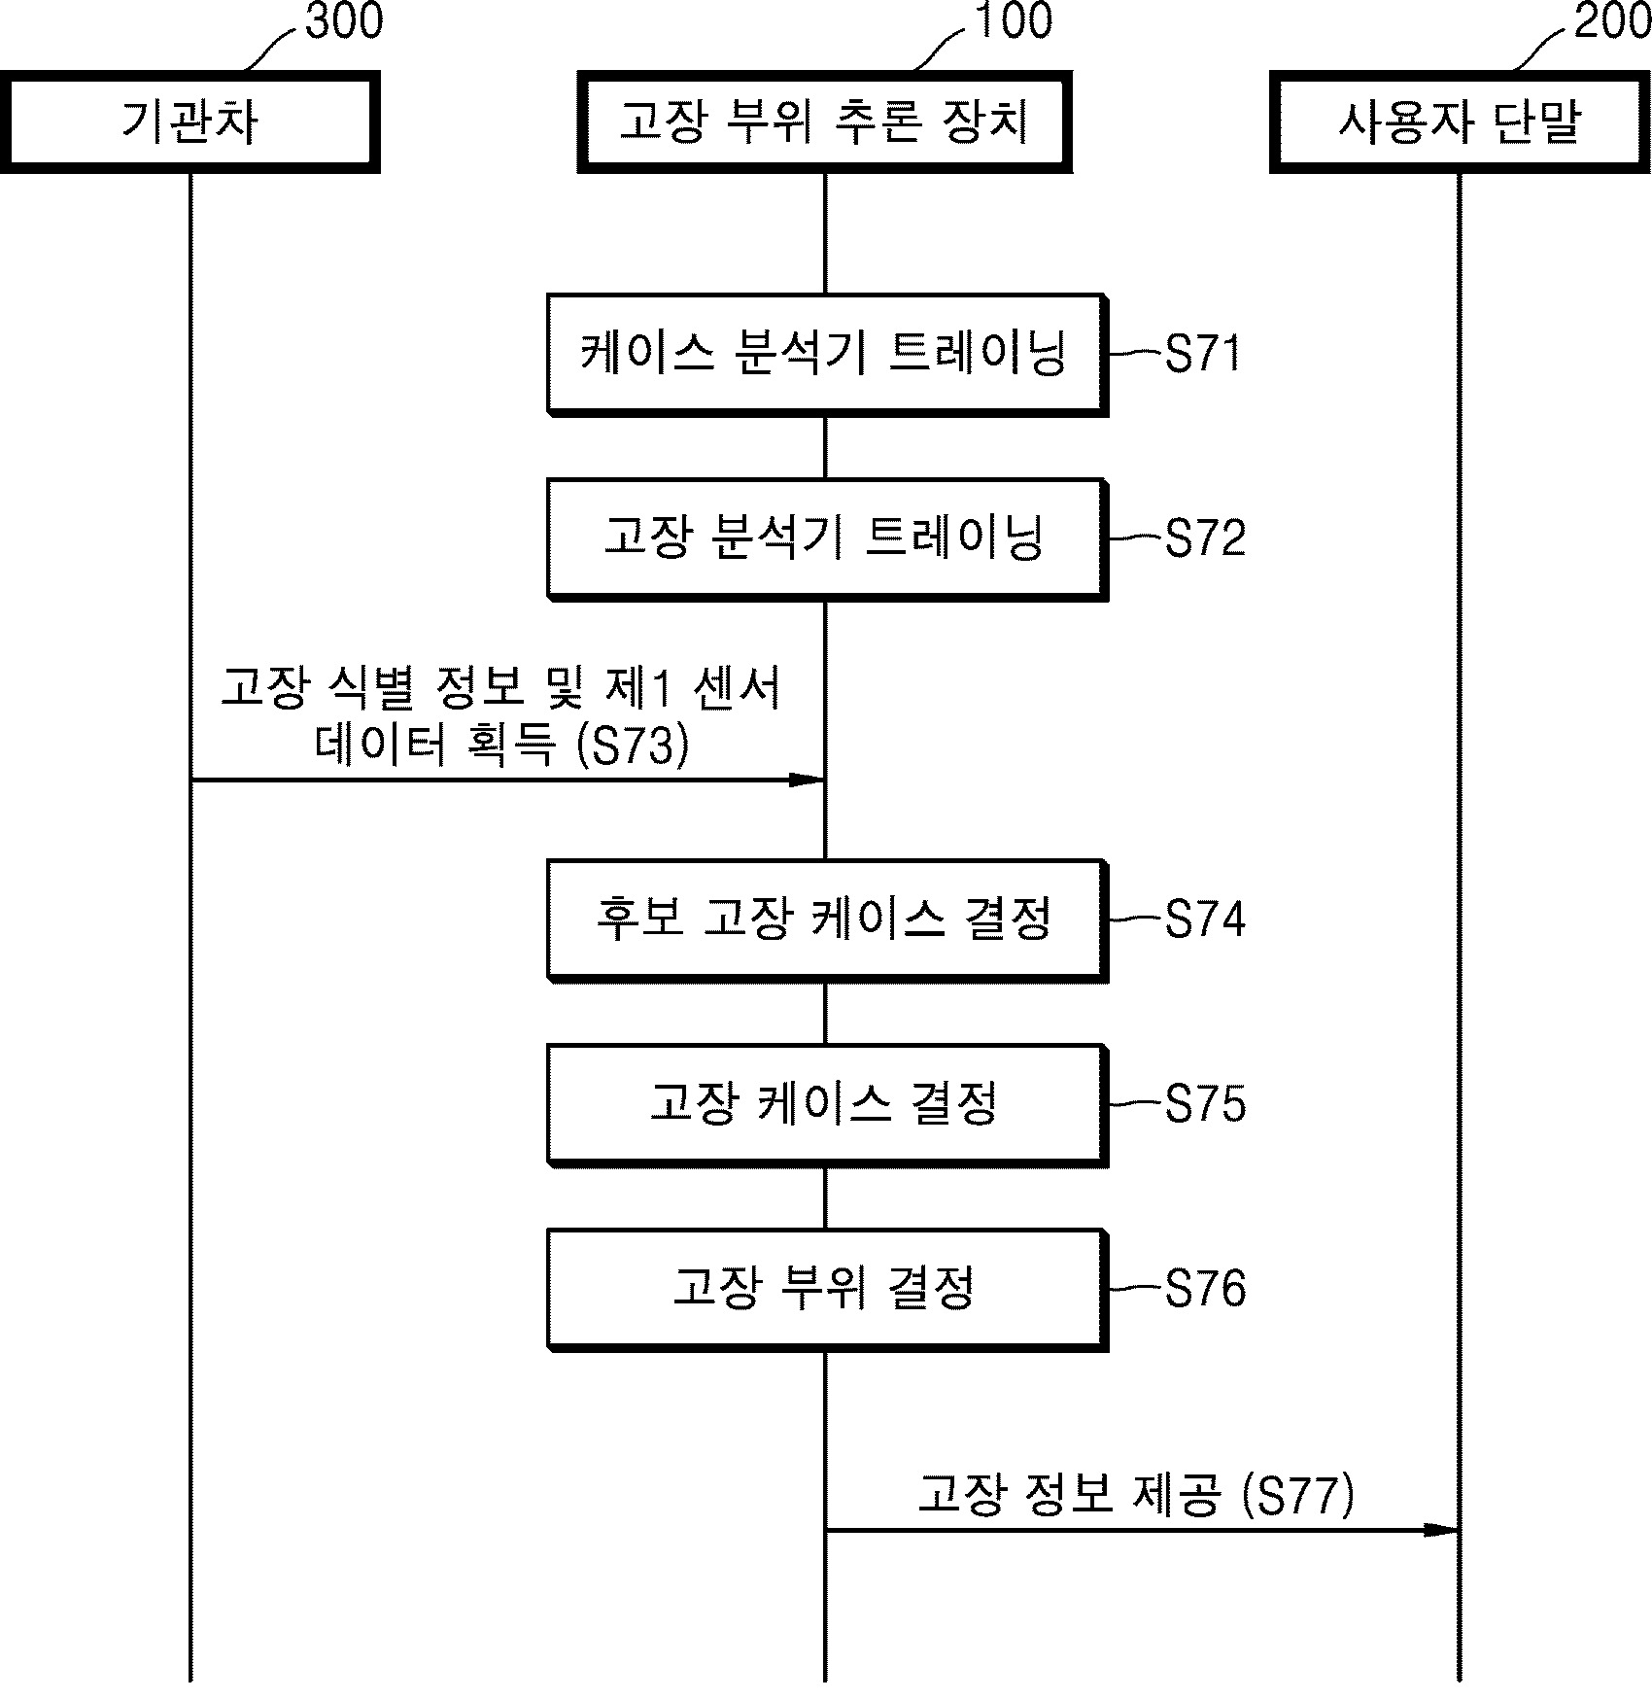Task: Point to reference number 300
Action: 344,21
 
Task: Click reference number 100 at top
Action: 1013,21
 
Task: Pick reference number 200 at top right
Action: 1611,21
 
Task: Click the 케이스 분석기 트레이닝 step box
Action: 826,354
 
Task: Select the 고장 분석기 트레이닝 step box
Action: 826,538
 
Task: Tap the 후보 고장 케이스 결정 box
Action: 826,919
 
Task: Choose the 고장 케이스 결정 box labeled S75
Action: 826,1104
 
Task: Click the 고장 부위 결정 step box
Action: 826,1289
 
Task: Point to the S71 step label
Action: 1203,354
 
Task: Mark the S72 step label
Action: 1205,538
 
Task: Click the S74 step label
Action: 1205,919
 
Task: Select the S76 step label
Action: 1205,1289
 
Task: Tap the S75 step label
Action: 1205,1104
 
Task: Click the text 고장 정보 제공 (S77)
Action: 1135,1495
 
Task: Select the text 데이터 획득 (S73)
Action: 501,746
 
